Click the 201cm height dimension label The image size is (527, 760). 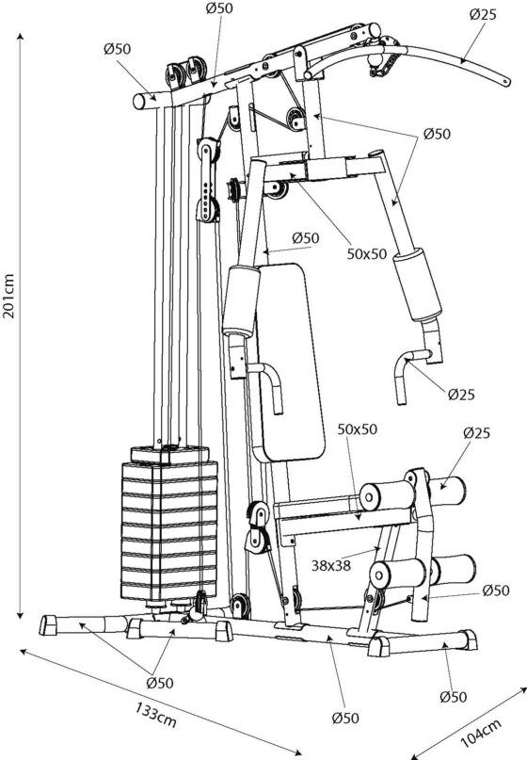[9, 296]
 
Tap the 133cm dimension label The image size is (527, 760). [156, 715]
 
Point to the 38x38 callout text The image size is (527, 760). [330, 565]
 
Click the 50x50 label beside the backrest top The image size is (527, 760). [367, 253]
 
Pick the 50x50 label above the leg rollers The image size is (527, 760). [357, 429]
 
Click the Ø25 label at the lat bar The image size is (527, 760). [483, 14]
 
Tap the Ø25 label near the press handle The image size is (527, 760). [461, 395]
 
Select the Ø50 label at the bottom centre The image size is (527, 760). [345, 718]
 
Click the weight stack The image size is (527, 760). [169, 524]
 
